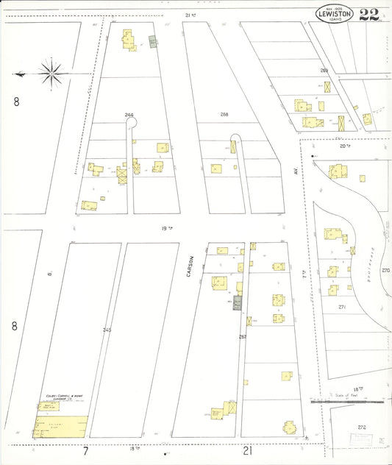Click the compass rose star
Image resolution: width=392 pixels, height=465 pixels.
tap(50, 72)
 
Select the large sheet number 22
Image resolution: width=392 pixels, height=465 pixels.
tap(369, 15)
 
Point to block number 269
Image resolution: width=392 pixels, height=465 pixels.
tap(324, 71)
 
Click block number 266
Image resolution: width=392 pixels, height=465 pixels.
tap(129, 115)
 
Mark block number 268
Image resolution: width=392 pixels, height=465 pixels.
tap(224, 115)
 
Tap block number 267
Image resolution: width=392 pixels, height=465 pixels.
tap(243, 337)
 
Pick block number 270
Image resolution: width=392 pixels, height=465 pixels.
tap(385, 270)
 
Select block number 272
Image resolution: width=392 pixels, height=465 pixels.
tap(361, 427)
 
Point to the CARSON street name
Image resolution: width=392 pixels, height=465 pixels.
tap(190, 266)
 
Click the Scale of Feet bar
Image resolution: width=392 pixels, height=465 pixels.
tap(349, 402)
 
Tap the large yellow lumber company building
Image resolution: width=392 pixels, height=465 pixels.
tap(61, 426)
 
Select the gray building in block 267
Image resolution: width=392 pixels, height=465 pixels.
tap(238, 302)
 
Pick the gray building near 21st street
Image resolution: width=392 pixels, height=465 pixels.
tap(152, 43)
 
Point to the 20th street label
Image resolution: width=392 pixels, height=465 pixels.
tap(342, 146)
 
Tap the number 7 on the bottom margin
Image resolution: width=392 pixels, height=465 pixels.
tap(85, 450)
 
